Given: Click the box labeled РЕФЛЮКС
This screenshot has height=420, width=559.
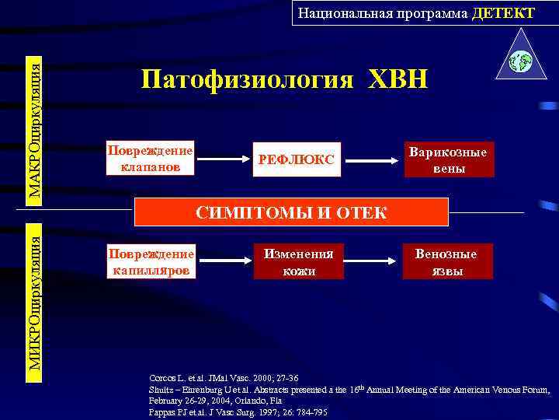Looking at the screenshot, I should [297, 159].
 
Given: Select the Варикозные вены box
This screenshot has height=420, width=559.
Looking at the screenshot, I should [450, 159].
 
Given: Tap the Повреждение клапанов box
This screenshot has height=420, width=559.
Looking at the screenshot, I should [150, 158].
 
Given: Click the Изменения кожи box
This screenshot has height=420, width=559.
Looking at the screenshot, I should [298, 261].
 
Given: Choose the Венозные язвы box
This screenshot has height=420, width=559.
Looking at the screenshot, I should [447, 261].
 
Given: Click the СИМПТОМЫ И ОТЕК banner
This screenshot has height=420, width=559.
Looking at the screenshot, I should [292, 212].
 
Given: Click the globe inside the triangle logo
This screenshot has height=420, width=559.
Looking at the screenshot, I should [519, 60].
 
